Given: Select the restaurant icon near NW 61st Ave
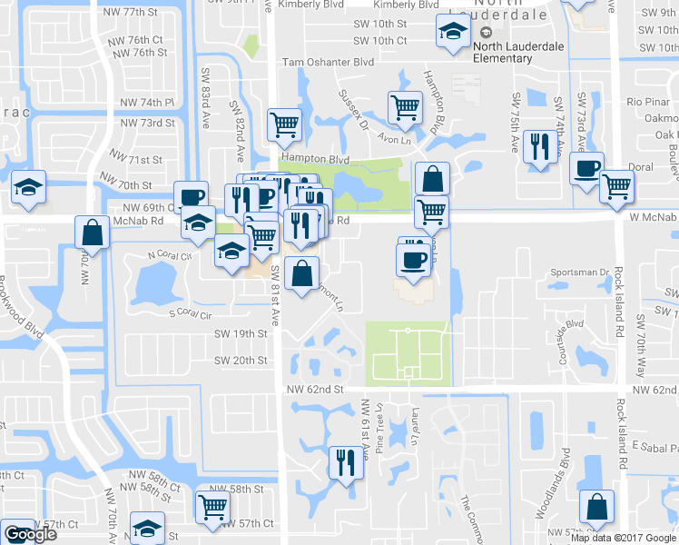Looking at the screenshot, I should [x=343, y=463].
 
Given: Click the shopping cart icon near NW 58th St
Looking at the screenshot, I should [x=212, y=507].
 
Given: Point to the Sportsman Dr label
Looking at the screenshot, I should [x=579, y=272].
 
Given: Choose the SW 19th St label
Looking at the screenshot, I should [x=241, y=334].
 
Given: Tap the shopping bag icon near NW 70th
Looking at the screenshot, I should [x=93, y=233].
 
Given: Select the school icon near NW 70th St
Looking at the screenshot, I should [x=29, y=189].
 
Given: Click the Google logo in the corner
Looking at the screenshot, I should [x=30, y=535].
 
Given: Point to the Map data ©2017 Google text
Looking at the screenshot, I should [x=623, y=538].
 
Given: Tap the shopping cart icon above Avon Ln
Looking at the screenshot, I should [x=405, y=108].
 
